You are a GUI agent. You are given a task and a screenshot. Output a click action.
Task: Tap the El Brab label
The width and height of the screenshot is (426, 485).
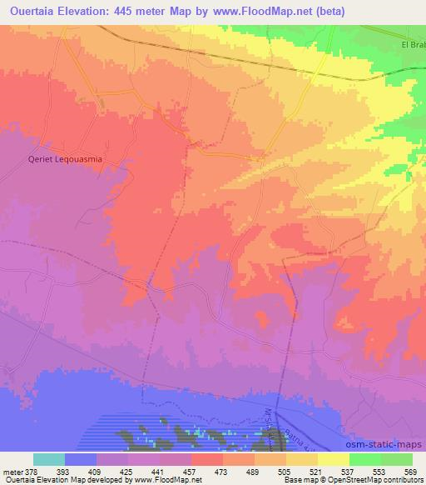click(x=413, y=45)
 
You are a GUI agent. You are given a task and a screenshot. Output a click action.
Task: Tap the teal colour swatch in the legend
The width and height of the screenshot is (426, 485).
click(x=49, y=459)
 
